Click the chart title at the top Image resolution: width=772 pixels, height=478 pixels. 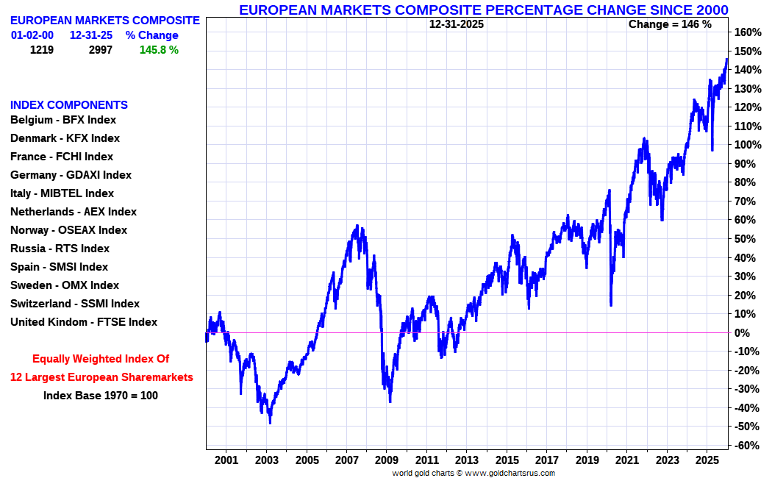point(483,10)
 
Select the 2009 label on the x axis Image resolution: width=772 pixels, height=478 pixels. point(387,460)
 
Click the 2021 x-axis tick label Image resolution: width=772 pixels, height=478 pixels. point(627,460)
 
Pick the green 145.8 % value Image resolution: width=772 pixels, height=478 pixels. point(159,50)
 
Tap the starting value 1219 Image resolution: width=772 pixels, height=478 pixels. point(42,50)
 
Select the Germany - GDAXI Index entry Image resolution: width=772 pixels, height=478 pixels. point(71,175)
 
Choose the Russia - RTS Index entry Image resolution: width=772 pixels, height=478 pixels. point(60,249)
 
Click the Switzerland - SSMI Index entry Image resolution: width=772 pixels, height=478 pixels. point(74,304)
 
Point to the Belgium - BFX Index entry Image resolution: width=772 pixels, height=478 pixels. point(63,120)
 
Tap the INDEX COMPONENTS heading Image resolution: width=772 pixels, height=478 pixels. point(69,105)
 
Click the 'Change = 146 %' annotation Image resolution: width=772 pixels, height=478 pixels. point(670,24)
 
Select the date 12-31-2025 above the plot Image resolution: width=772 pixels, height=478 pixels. point(456,24)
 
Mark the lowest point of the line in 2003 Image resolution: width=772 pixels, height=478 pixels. point(270,422)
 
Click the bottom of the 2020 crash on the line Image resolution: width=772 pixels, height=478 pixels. point(611,304)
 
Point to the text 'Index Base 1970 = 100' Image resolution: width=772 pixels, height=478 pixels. point(101,395)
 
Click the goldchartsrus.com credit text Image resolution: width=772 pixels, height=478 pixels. point(473,473)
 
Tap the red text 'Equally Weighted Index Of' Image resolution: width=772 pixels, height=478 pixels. point(101,359)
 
